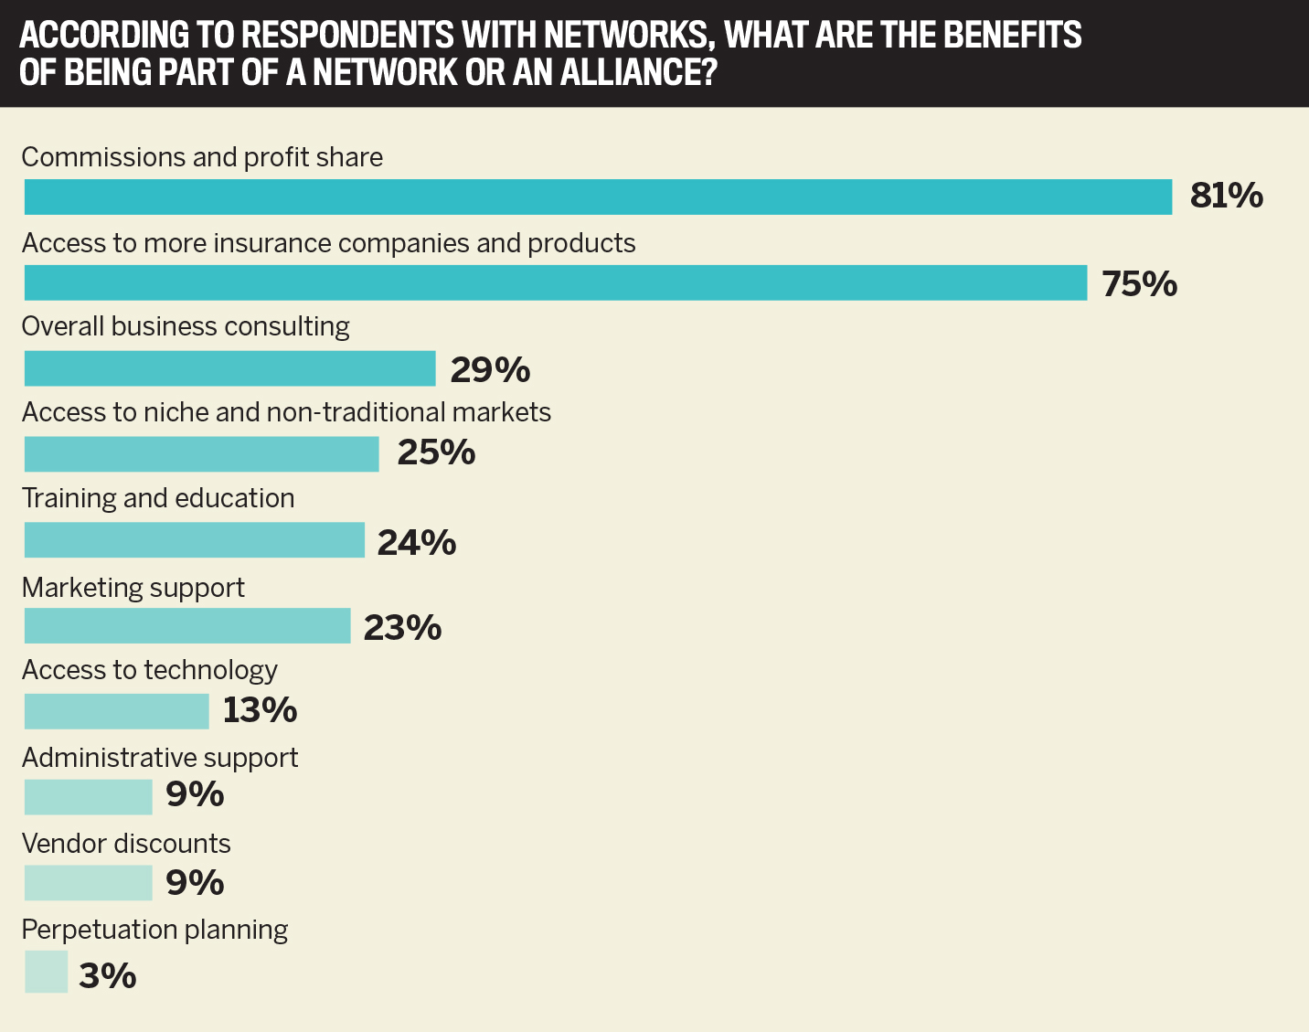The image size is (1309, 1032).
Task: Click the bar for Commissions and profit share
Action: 598,197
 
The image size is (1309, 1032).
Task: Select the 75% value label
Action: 1139,284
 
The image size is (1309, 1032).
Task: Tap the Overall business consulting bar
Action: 229,369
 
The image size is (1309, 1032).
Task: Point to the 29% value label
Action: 490,370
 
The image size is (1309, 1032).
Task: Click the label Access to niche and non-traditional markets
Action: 286,412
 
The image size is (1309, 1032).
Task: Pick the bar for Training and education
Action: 194,540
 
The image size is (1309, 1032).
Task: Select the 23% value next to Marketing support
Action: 402,628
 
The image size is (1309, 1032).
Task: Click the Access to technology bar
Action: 116,711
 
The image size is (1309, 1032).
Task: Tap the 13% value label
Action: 260,710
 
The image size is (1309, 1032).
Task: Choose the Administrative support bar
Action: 88,797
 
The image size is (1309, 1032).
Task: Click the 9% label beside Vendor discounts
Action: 195,883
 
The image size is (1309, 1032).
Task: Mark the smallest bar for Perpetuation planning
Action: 46,972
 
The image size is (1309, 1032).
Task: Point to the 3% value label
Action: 107,976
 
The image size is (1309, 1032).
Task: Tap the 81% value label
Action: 1226,196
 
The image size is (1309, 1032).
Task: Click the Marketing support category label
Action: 133,587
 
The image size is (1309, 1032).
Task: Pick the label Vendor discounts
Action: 126,843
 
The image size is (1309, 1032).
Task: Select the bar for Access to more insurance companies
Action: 555,283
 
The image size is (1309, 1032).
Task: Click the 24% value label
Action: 416,543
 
